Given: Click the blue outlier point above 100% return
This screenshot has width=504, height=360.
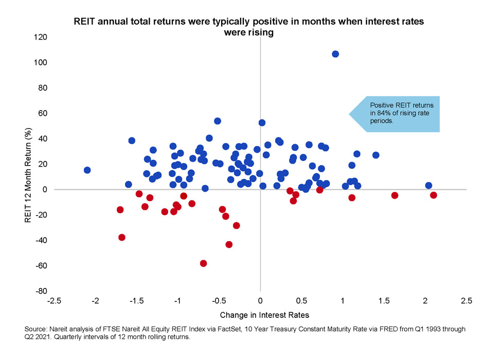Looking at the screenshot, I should [x=335, y=54].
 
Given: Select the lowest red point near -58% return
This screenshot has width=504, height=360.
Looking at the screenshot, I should [x=203, y=263].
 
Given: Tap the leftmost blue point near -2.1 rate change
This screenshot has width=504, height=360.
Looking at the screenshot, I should [x=87, y=170].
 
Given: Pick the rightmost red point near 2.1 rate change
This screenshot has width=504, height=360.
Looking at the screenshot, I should [x=434, y=195].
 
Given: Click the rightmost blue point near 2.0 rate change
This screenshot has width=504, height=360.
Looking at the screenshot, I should [x=428, y=185].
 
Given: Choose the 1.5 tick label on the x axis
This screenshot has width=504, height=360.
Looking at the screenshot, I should [x=384, y=300].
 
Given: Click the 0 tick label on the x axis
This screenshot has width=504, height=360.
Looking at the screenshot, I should [x=260, y=300].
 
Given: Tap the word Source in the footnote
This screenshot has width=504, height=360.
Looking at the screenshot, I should [x=35, y=328].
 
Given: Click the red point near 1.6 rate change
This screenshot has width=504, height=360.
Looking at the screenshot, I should [x=394, y=195].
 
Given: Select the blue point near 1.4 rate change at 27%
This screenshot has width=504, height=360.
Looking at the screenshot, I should [x=375, y=155].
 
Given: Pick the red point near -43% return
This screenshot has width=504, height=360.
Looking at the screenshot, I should [x=229, y=244].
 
